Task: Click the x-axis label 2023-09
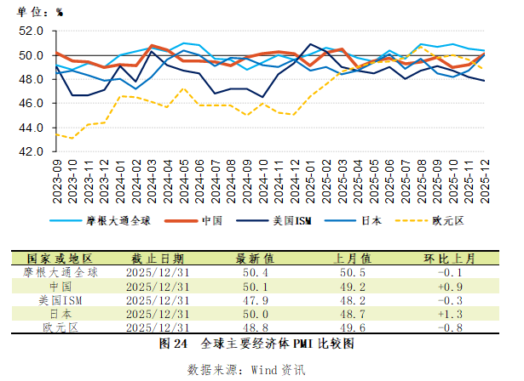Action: tap(55, 180)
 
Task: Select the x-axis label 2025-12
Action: tap(485, 180)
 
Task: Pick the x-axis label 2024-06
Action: tap(199, 180)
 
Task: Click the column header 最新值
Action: tap(255, 259)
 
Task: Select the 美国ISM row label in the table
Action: tap(62, 300)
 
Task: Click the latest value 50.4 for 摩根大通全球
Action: tap(255, 273)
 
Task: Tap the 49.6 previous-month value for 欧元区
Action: tap(354, 327)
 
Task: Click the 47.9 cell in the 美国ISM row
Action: tap(255, 300)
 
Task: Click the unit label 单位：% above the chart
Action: tap(39, 13)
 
